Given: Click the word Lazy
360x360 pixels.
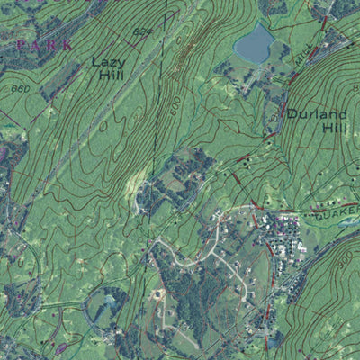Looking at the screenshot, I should coord(107,62).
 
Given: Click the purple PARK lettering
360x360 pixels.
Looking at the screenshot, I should coord(42,43).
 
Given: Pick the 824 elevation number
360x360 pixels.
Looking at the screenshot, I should coord(141,31).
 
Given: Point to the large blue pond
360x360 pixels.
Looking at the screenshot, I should coord(254,43).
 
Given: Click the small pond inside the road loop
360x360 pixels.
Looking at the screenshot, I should coord(110,299).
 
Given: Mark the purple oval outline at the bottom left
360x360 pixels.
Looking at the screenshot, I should coord(61,346).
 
